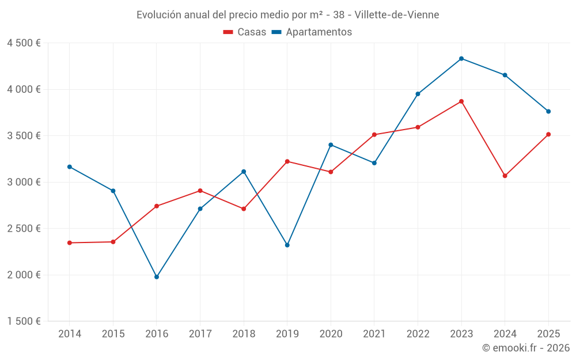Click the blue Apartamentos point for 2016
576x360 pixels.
[157, 277]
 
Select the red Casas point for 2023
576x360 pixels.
[461, 101]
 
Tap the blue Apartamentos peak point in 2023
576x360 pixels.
[461, 59]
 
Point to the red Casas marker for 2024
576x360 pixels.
[505, 176]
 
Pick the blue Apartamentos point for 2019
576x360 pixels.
[287, 245]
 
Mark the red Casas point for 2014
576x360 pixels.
[70, 243]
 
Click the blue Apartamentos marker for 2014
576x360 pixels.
[70, 167]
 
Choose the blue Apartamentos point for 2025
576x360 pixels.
[548, 111]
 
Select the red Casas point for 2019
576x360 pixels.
[287, 161]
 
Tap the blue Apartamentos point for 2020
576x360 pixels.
[331, 145]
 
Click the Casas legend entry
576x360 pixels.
[245, 32]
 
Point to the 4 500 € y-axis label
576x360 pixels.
[24, 43]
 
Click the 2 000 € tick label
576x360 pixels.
[24, 275]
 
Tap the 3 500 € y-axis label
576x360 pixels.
[24, 136]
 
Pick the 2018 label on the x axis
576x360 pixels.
[244, 334]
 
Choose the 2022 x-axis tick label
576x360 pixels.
[418, 334]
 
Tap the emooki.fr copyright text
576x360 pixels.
[525, 348]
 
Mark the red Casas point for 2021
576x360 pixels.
[374, 135]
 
